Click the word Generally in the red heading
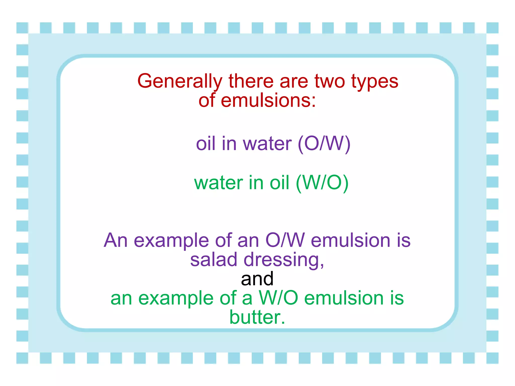pyautogui.click(x=180, y=81)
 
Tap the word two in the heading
pyautogui.click(x=329, y=81)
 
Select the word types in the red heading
pyautogui.click(x=375, y=81)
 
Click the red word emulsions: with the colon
pyautogui.click(x=268, y=101)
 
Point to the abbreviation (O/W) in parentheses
pyautogui.click(x=324, y=144)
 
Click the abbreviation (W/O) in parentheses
pyautogui.click(x=322, y=183)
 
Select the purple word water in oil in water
pyautogui.click(x=267, y=144)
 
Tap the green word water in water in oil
pyautogui.click(x=219, y=183)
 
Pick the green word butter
pyautogui.click(x=257, y=317)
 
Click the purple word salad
pyautogui.click(x=213, y=260)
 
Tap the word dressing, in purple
pyautogui.click(x=284, y=260)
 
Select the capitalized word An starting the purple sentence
pyautogui.click(x=116, y=240)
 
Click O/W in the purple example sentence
pyautogui.click(x=285, y=240)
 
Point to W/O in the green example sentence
pyautogui.click(x=278, y=298)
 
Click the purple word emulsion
pyautogui.click(x=351, y=240)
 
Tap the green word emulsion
pyautogui.click(x=344, y=298)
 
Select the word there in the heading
pyautogui.click(x=251, y=81)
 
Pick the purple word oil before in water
pyautogui.click(x=205, y=144)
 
